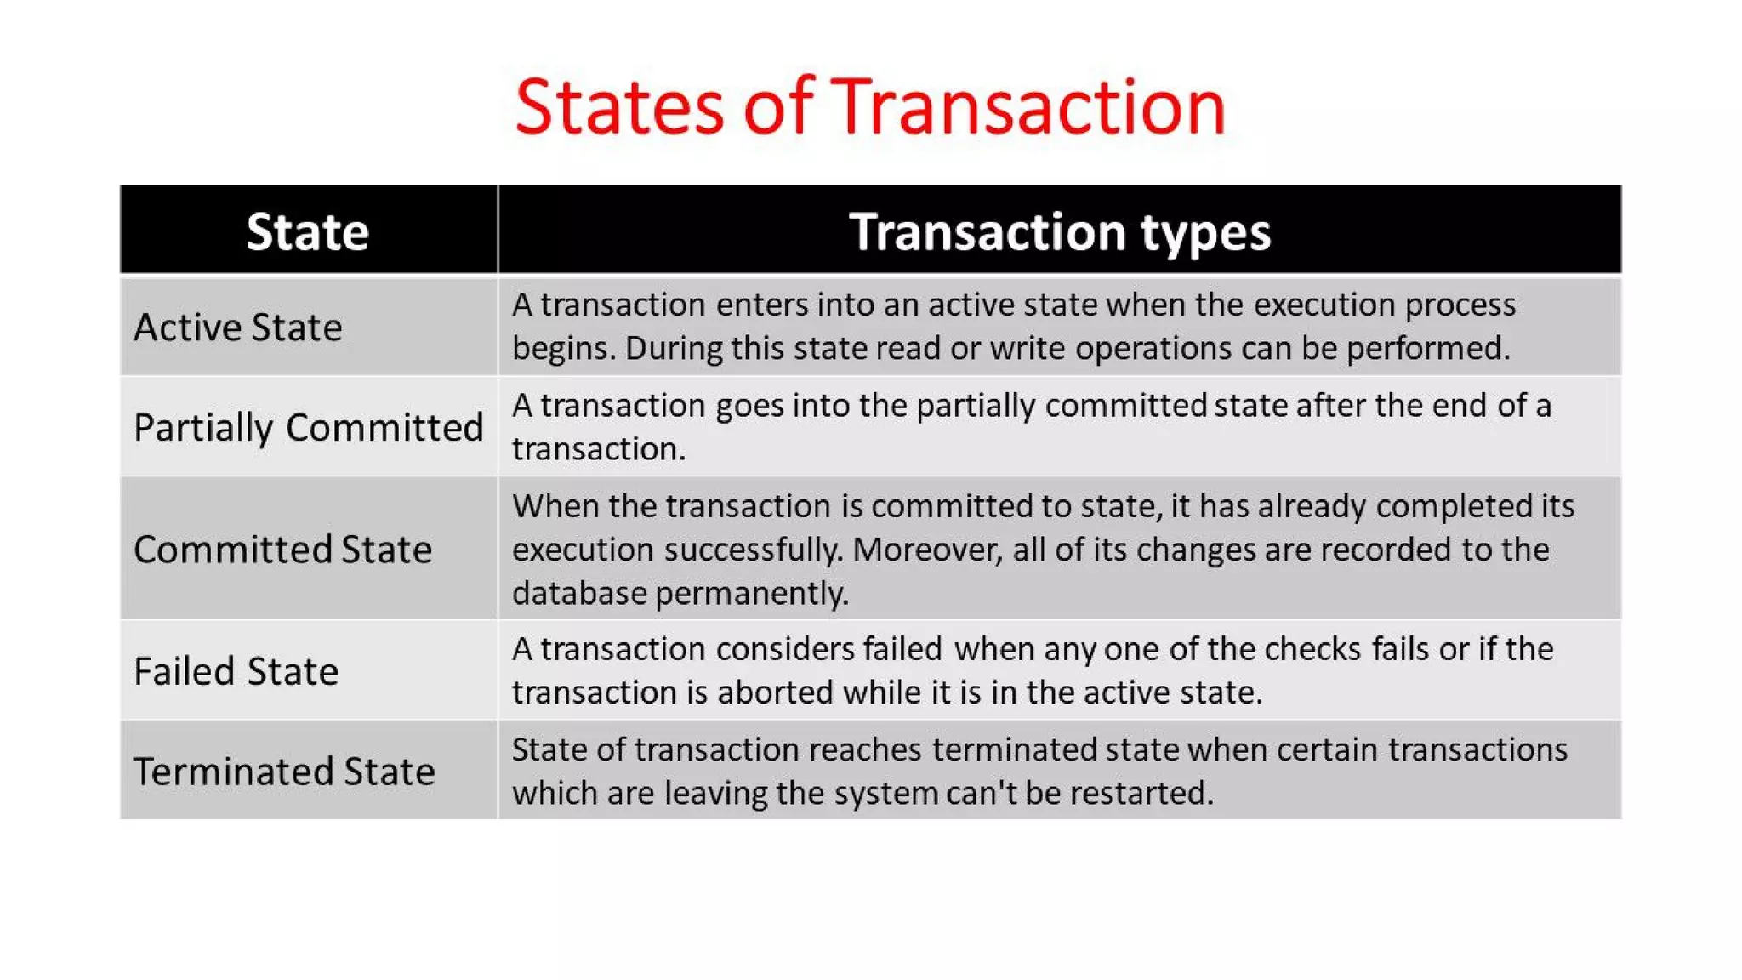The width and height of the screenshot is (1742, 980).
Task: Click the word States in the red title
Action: click(618, 107)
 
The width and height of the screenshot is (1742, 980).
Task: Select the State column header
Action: click(307, 231)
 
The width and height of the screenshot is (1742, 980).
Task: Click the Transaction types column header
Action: click(1059, 231)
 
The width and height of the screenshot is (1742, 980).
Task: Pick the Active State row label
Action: click(237, 328)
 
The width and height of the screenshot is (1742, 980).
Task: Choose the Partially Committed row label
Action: click(308, 427)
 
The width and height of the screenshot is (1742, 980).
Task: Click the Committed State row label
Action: click(282, 550)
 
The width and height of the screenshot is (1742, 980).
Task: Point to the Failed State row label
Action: click(236, 672)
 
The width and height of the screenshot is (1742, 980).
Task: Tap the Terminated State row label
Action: click(284, 772)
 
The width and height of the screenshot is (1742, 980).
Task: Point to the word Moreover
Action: click(926, 550)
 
